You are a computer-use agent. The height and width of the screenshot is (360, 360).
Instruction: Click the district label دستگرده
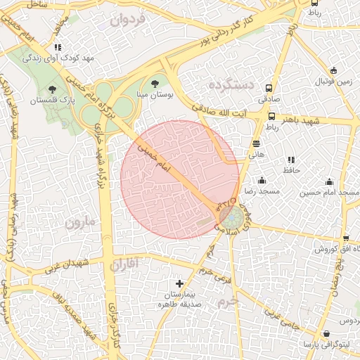click(x=231, y=84)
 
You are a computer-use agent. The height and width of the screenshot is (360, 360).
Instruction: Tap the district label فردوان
click(x=127, y=20)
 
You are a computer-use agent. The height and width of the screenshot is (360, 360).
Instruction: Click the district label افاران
click(x=126, y=264)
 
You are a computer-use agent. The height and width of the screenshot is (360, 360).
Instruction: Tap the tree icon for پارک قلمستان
click(x=53, y=89)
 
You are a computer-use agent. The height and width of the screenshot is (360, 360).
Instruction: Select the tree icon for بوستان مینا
click(x=155, y=82)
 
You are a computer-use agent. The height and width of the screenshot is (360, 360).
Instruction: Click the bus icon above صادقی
click(x=269, y=89)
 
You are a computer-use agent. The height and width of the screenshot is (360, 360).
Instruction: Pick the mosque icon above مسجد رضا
click(x=262, y=180)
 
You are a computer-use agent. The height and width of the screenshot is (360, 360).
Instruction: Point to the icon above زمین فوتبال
click(x=333, y=70)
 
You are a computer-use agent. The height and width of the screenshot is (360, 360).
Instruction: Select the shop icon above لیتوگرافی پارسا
click(x=326, y=334)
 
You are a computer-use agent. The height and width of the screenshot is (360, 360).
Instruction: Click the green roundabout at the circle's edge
click(x=229, y=219)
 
